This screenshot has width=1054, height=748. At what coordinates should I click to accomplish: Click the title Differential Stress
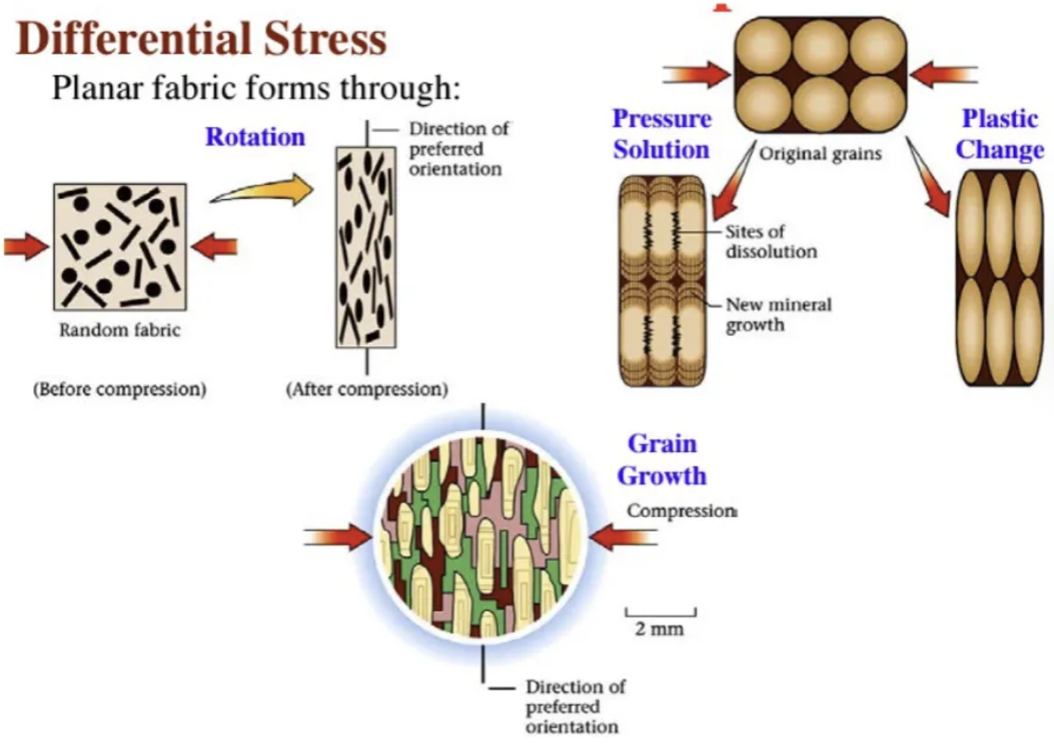pos(201,38)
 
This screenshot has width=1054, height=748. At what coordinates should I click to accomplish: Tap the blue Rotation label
pos(255,137)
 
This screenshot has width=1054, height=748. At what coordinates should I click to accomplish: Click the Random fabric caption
pos(120,330)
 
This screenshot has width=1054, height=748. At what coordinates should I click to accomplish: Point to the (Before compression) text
pos(120,389)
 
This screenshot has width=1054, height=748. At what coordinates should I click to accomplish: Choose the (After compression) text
pos(366,389)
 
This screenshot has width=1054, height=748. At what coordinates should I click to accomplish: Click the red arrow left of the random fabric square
pos(26,247)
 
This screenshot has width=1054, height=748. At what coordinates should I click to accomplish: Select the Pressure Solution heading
pos(661,134)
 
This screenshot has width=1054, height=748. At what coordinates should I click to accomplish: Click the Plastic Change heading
pos(999,134)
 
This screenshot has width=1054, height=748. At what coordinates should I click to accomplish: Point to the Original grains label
pos(821,154)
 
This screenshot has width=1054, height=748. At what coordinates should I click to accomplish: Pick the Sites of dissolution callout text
pos(771,242)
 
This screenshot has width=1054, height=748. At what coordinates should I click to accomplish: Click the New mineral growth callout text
pos(778,314)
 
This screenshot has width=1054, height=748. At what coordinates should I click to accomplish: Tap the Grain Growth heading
pos(662,460)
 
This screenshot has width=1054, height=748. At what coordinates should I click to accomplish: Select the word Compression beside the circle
pos(681,511)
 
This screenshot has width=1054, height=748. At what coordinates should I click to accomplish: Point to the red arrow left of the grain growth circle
pos(338,538)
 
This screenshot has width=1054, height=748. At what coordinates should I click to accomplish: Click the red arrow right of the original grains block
pos(943,75)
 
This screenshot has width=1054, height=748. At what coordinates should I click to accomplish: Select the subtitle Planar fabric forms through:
pos(256,89)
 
